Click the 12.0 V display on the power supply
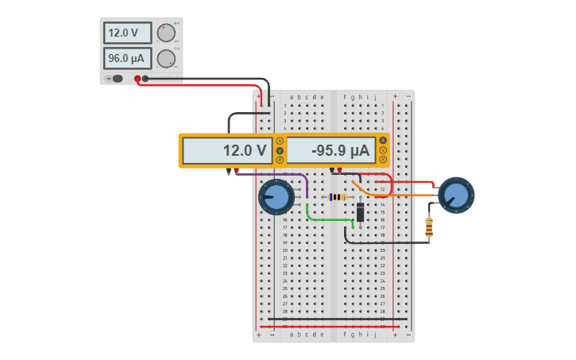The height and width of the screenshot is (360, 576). coord(127,33)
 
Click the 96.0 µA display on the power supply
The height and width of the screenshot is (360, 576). coord(127,59)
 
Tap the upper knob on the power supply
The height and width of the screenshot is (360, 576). coord(165,33)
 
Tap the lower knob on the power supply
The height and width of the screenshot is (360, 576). coord(165,59)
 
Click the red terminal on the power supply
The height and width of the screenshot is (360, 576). coord(137,79)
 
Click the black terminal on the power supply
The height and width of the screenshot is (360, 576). coord(145,79)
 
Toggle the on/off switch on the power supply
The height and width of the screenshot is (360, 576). coord(116,78)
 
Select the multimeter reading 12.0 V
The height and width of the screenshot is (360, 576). coord(227,150)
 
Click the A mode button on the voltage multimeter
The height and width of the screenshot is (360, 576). coord(280,141)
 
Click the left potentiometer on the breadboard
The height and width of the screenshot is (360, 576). coord(276,197)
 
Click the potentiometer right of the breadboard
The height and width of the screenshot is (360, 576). coord(456,195)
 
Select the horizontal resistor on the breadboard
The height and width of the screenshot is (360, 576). coord(338,197)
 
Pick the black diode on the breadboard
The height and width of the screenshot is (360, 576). coord(361,212)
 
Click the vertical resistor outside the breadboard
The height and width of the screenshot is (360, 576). coord(430,227)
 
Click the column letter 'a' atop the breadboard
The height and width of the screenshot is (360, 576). coord(292,97)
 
